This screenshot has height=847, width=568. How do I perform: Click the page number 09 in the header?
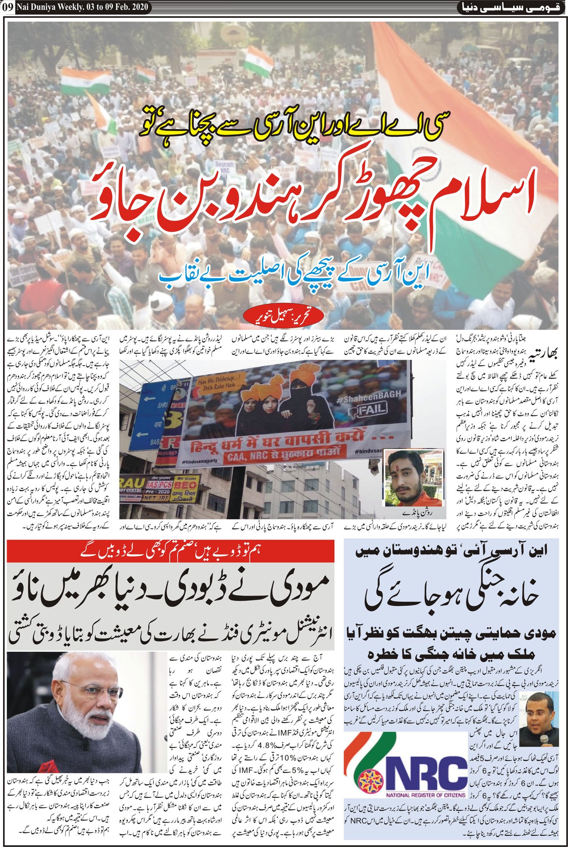tap(8, 7)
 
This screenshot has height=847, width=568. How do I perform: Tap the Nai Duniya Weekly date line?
tap(82, 7)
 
